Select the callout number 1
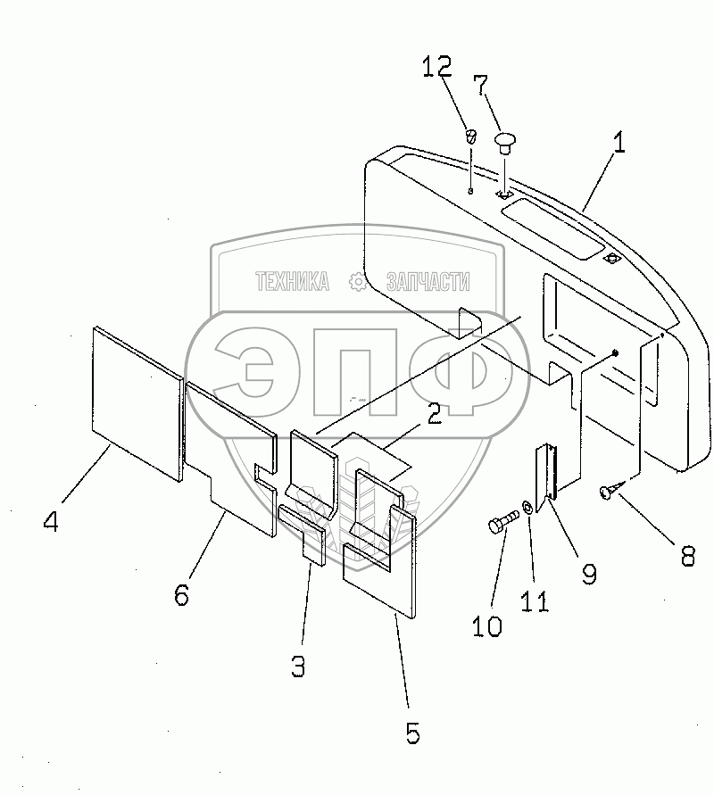tap(618, 143)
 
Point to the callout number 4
tap(51, 521)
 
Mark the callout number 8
tap(686, 555)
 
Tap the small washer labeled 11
tap(528, 509)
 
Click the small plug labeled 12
tap(472, 137)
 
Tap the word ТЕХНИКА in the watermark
tap(292, 282)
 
